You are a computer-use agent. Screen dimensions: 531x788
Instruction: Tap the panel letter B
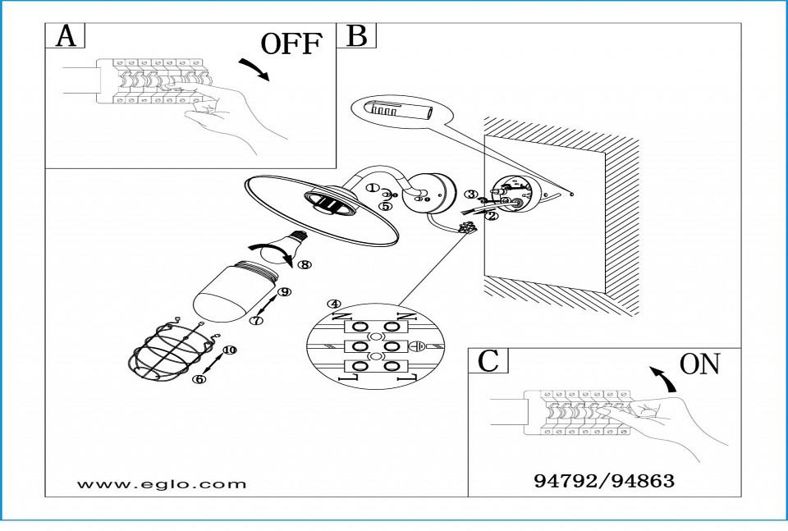tap(357, 36)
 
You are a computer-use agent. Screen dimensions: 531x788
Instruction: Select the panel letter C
tap(488, 361)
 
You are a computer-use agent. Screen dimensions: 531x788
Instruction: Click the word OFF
tap(291, 44)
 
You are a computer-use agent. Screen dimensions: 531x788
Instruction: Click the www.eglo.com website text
tap(162, 483)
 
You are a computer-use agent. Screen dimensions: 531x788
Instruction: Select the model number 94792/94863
tap(604, 481)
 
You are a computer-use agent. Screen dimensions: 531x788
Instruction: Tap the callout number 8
tap(304, 265)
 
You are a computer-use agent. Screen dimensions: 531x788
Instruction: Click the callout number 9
tap(285, 291)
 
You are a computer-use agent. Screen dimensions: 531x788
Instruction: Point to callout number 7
tap(257, 321)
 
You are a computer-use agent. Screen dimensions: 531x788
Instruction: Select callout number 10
tap(229, 350)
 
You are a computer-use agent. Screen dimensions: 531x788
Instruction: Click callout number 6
tap(200, 379)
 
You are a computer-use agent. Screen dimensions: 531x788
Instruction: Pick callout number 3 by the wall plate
tap(470, 195)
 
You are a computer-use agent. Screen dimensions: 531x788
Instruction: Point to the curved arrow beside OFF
tap(254, 69)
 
